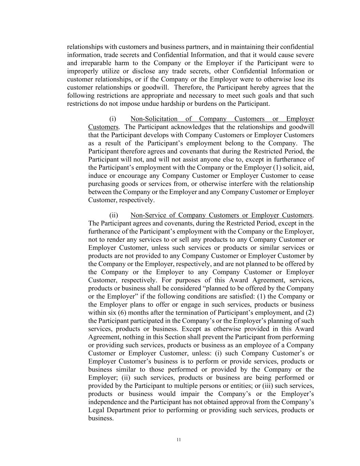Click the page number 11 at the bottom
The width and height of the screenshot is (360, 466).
178,440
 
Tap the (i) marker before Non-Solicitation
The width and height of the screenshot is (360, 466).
113,119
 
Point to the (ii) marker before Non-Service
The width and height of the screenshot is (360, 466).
114,215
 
